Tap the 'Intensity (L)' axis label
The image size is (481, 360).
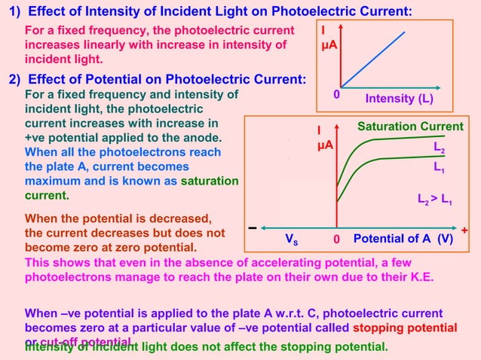click(x=399, y=99)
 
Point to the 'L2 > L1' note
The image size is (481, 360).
click(x=435, y=201)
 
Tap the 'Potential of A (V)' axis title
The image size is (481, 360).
click(x=403, y=239)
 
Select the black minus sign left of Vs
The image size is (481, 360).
click(x=252, y=228)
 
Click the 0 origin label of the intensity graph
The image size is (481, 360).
click(x=336, y=96)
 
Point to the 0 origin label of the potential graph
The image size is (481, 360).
click(x=337, y=239)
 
